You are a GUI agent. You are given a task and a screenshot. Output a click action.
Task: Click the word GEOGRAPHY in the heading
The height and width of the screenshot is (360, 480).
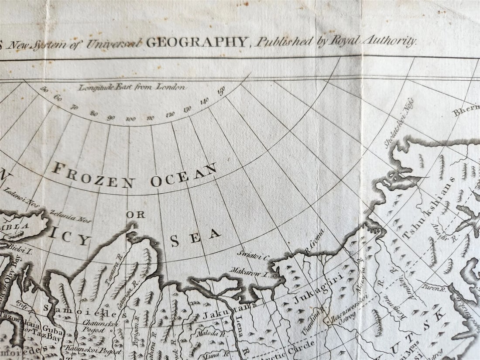pos(197,42)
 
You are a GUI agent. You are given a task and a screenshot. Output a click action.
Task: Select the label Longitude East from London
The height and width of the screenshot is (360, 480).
pos(132,87)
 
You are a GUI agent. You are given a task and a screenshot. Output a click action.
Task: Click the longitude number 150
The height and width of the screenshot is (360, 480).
pos(221,92)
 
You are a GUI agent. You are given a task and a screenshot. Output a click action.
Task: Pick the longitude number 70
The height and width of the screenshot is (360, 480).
pos(74,106)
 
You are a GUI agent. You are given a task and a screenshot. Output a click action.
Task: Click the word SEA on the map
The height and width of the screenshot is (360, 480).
pos(195,238)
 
